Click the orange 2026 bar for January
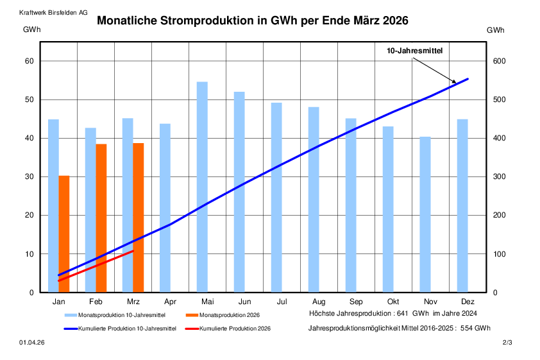pyautogui.click(x=64, y=234)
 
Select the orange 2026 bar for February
pyautogui.click(x=101, y=218)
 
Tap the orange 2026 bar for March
pyautogui.click(x=139, y=218)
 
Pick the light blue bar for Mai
pyautogui.click(x=202, y=187)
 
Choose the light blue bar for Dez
pyautogui.click(x=462, y=205)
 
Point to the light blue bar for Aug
pyautogui.click(x=314, y=200)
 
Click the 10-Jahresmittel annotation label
pyautogui.click(x=414, y=51)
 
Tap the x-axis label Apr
pyautogui.click(x=170, y=302)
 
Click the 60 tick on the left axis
pyautogui.click(x=28, y=62)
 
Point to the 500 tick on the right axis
pyautogui.click(x=499, y=100)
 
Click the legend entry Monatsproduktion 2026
pyautogui.click(x=229, y=315)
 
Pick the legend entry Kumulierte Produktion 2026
pyautogui.click(x=235, y=329)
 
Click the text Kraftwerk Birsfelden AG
pyautogui.click(x=54, y=12)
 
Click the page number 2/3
pyautogui.click(x=507, y=344)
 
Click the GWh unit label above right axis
pyautogui.click(x=495, y=30)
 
